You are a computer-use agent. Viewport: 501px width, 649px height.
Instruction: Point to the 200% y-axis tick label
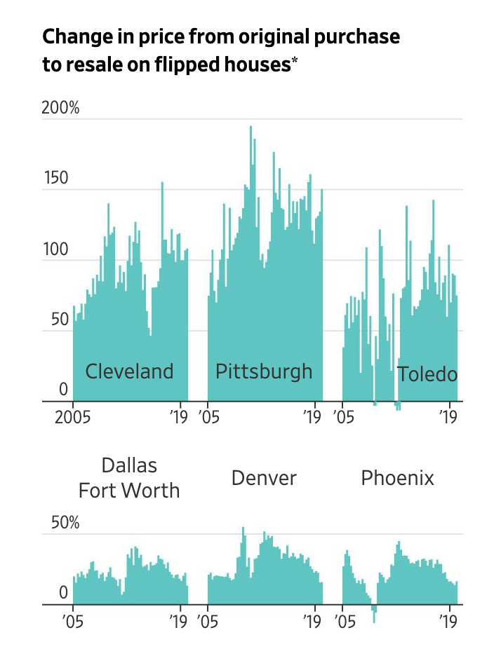pyautogui.click(x=60, y=109)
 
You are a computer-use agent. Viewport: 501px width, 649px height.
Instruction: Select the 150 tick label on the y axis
pyautogui.click(x=56, y=178)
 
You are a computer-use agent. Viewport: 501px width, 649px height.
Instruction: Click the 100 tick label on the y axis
pyautogui.click(x=56, y=250)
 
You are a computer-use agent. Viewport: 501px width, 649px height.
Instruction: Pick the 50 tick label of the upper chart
pyautogui.click(x=59, y=320)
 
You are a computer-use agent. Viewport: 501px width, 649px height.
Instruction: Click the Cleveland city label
pyautogui.click(x=129, y=371)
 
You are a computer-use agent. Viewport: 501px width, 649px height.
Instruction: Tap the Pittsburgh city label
pyautogui.click(x=264, y=371)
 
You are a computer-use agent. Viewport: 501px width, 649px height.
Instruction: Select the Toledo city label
pyautogui.click(x=427, y=374)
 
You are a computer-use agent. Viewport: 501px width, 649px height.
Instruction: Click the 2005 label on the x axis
pyautogui.click(x=73, y=418)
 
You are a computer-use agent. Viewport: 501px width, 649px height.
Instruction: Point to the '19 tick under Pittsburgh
pyautogui.click(x=312, y=418)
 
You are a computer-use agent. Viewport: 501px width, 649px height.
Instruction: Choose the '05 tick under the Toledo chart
pyautogui.click(x=343, y=418)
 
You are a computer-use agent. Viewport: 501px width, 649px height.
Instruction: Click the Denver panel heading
pyautogui.click(x=264, y=478)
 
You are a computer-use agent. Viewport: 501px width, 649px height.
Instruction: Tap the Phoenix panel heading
pyautogui.click(x=397, y=478)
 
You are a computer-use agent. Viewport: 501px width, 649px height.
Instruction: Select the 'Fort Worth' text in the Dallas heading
pyautogui.click(x=129, y=490)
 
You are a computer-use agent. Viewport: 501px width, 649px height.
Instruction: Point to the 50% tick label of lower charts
pyautogui.click(x=64, y=523)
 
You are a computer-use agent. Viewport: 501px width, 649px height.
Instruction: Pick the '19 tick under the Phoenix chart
pyautogui.click(x=447, y=621)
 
